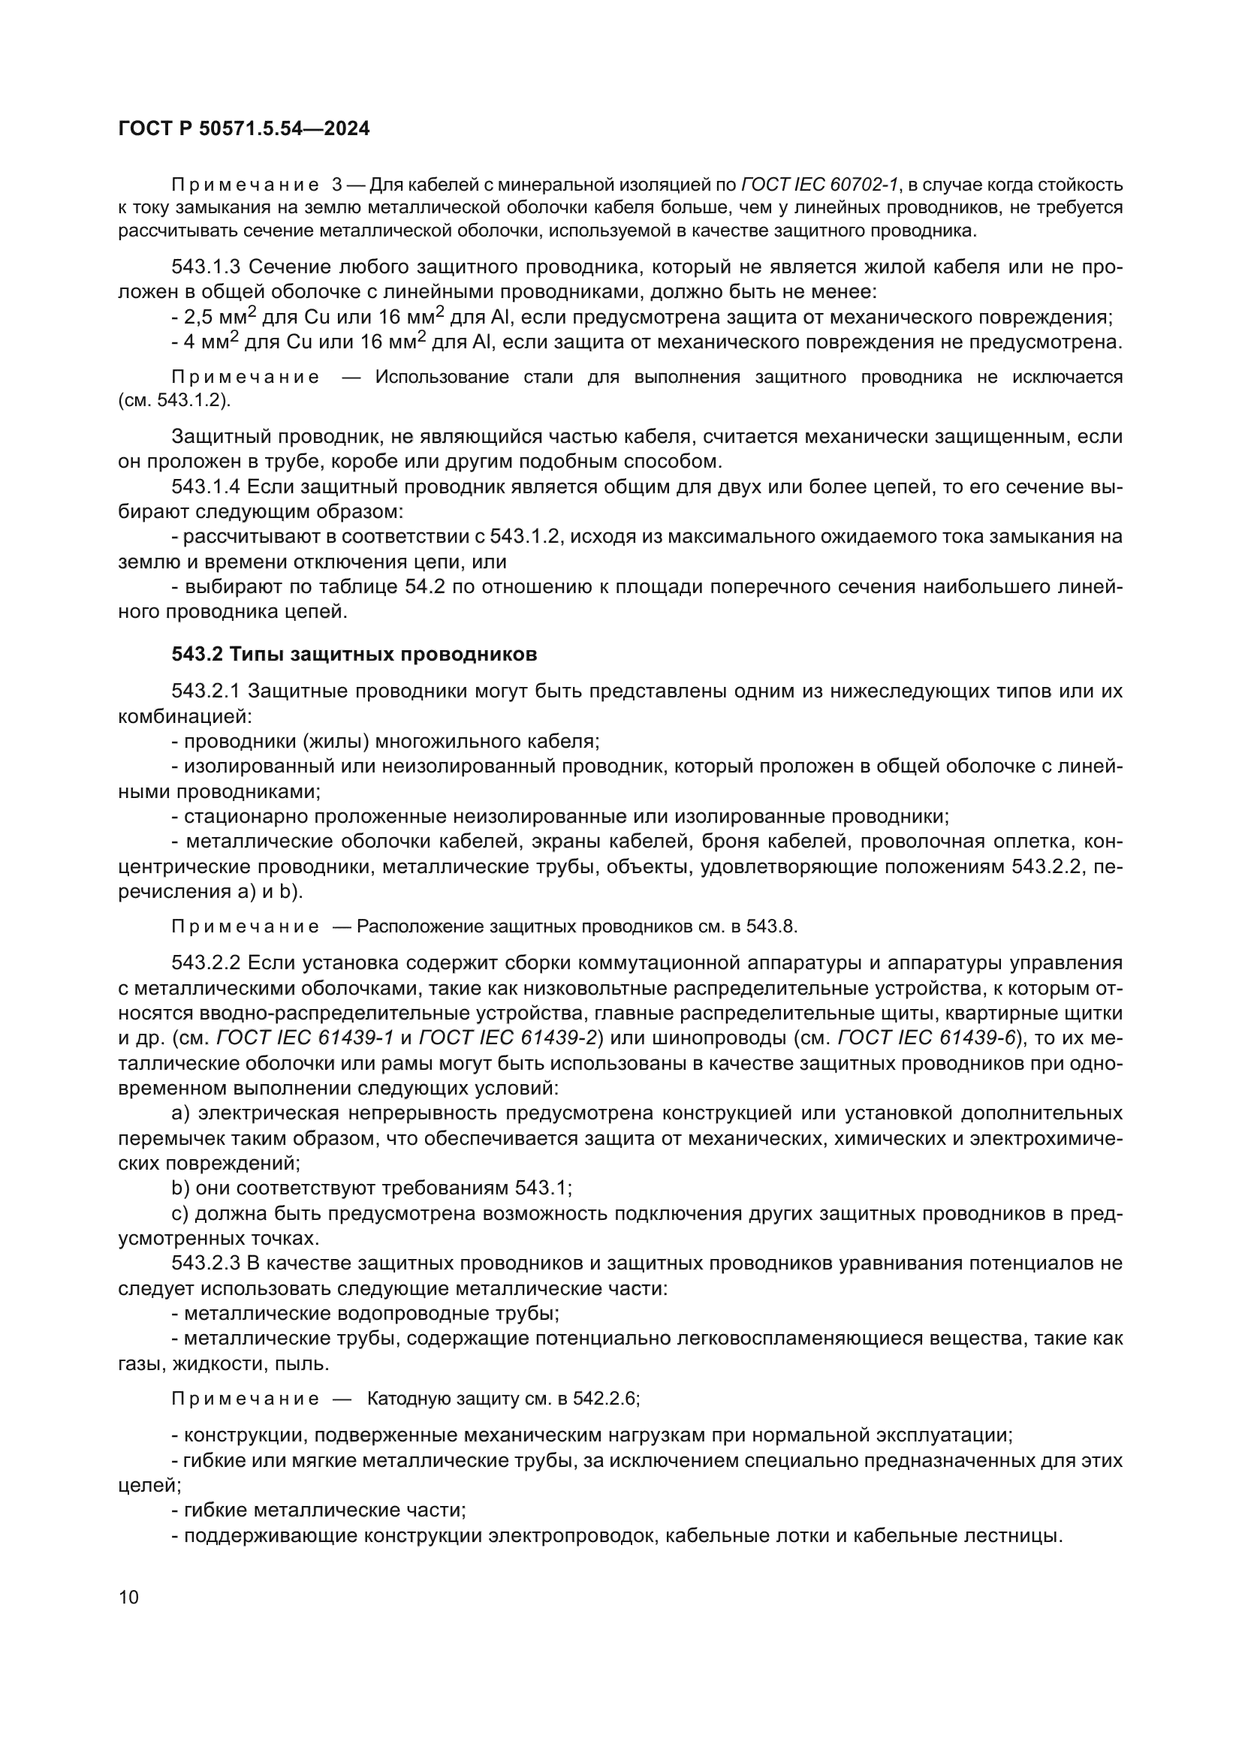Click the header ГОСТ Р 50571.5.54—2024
click(244, 129)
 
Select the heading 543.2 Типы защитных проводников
click(354, 654)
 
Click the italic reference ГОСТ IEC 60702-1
click(821, 185)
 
